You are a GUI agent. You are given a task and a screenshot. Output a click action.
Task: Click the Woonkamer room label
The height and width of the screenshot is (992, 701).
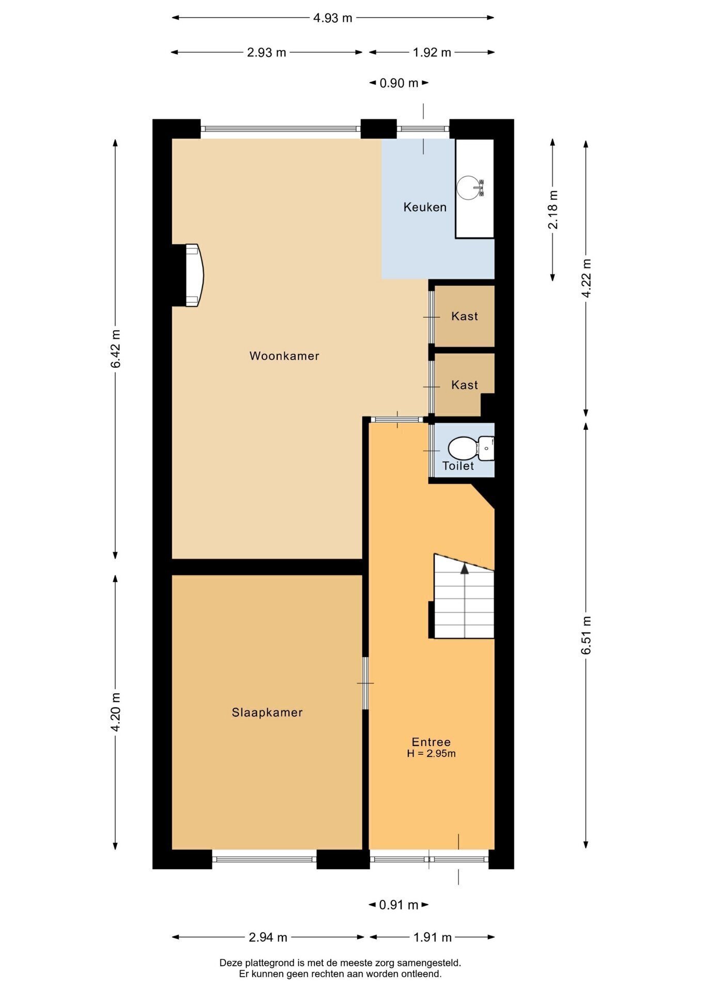pyautogui.click(x=284, y=356)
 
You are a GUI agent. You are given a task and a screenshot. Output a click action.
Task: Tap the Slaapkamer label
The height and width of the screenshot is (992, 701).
pyautogui.click(x=267, y=712)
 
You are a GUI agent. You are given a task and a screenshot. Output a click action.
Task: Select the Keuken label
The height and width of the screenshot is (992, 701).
pyautogui.click(x=425, y=207)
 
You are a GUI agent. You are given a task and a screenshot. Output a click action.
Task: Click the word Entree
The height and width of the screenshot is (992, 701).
pyautogui.click(x=431, y=742)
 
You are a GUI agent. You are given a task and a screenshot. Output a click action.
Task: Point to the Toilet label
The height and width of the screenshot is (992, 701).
pyautogui.click(x=458, y=466)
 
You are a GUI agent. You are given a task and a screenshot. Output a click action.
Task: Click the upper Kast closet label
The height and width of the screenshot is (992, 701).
pyautogui.click(x=465, y=316)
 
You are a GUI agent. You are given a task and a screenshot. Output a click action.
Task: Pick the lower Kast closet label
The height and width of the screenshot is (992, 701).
pyautogui.click(x=465, y=385)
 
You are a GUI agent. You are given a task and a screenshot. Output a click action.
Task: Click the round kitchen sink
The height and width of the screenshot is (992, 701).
pyautogui.click(x=469, y=188)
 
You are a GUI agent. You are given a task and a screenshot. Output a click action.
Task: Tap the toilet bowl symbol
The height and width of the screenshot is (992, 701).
pyautogui.click(x=462, y=448)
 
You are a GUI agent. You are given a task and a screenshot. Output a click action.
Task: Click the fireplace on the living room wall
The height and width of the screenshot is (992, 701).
pyautogui.click(x=193, y=275)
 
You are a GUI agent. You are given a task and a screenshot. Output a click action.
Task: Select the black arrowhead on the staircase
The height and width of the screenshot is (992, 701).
pyautogui.click(x=465, y=568)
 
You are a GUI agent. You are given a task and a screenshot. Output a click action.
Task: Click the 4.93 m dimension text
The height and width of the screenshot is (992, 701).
pyautogui.click(x=333, y=18)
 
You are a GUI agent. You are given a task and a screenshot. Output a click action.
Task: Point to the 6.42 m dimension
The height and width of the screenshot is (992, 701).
pyautogui.click(x=116, y=349)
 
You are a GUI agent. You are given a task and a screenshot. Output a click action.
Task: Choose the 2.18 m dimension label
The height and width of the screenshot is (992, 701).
pyautogui.click(x=553, y=210)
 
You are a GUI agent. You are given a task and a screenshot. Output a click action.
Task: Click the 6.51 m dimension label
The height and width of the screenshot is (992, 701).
pyautogui.click(x=586, y=635)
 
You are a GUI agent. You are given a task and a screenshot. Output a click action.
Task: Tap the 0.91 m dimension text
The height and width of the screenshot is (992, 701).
pyautogui.click(x=399, y=905)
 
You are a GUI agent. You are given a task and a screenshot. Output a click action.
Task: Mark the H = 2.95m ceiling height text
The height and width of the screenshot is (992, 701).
pyautogui.click(x=431, y=754)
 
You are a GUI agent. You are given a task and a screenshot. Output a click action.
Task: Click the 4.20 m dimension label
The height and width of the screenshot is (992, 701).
pyautogui.click(x=116, y=712)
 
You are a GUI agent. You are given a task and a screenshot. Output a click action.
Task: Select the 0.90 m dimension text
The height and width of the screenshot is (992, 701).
pyautogui.click(x=399, y=83)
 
